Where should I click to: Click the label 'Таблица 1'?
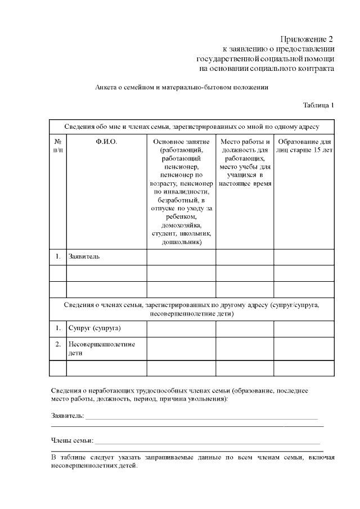point(318,105)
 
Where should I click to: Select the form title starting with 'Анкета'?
point(182,87)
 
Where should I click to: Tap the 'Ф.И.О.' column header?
point(106,142)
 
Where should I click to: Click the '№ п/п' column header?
point(58,146)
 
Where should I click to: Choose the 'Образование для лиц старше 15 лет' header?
point(304,146)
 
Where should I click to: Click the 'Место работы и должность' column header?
point(245,146)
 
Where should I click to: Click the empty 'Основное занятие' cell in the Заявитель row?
point(181,256)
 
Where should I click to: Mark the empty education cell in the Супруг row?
point(304,327)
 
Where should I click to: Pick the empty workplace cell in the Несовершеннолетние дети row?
point(245,348)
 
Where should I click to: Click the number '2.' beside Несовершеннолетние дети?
point(58,343)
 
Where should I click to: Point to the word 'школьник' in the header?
point(196,233)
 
